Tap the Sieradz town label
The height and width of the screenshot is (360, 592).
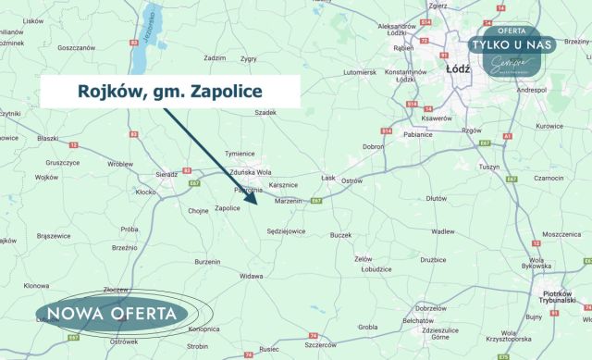[x=166, y=173]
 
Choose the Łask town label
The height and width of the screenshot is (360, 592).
[x=327, y=177]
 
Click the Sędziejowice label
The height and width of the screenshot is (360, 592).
[x=287, y=230]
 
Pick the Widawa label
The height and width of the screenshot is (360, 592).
[x=252, y=276]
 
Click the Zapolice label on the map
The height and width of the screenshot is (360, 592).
[x=228, y=208]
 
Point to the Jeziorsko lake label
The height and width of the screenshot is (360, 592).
[x=147, y=43]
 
